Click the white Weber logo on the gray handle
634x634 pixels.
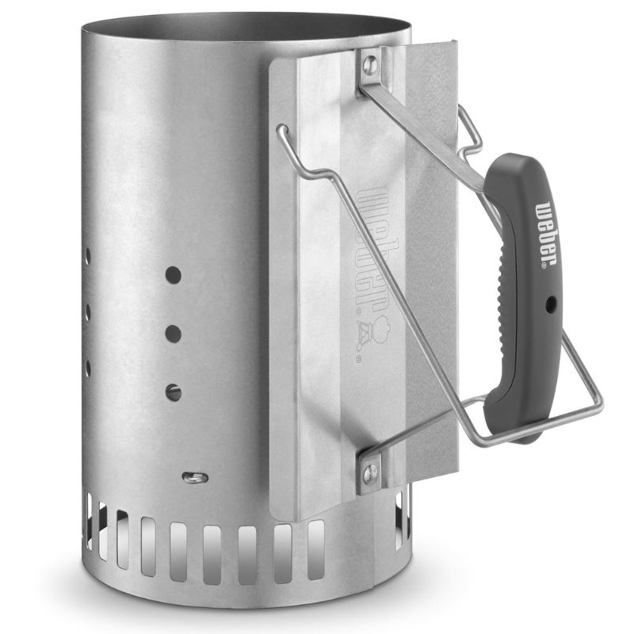click(x=546, y=233)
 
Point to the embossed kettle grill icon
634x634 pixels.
click(x=375, y=331)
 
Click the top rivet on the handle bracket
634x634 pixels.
click(x=369, y=64)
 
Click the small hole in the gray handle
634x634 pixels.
click(x=550, y=304)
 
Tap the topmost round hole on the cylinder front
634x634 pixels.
click(x=173, y=275)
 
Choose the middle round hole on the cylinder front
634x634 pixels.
click(x=173, y=334)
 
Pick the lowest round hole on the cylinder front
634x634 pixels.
click(x=173, y=392)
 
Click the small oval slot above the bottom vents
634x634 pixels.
click(x=195, y=478)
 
